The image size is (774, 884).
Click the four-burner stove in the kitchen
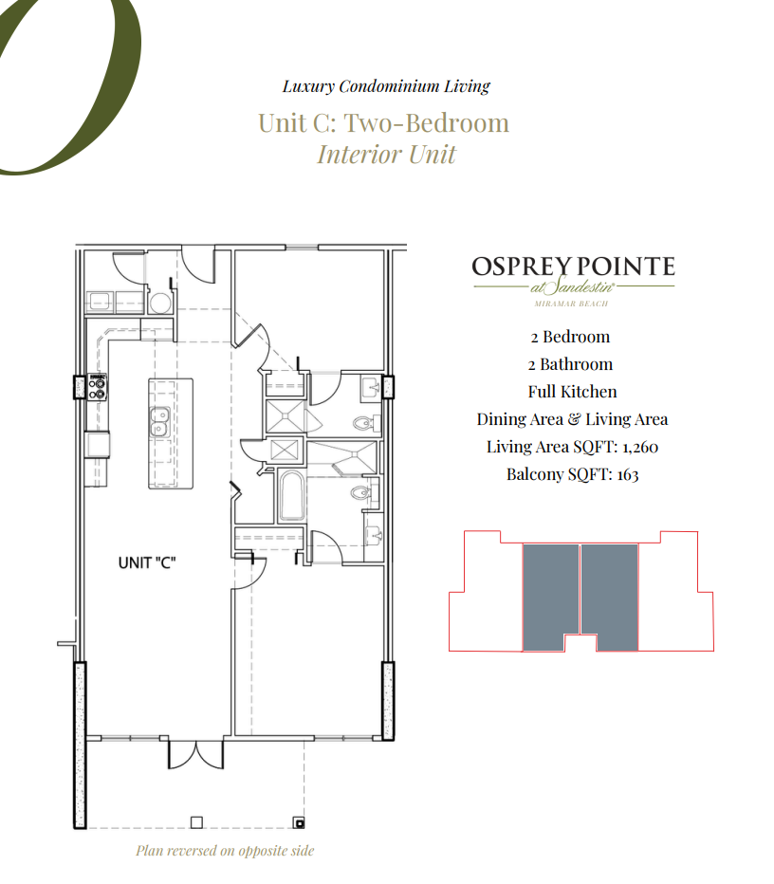tap(97, 386)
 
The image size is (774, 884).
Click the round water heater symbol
tap(160, 303)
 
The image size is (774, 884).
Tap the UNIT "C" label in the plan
tap(147, 562)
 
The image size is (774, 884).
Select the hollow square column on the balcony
tap(196, 821)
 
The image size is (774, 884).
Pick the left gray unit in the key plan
tap(550, 597)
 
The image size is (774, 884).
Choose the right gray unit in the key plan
tap(609, 597)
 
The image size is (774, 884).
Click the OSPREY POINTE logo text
tap(573, 267)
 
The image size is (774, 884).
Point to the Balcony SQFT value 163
tap(627, 474)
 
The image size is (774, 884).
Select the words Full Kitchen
tap(572, 392)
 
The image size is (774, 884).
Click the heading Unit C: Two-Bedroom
tap(383, 123)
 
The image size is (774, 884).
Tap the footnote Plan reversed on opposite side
tap(225, 851)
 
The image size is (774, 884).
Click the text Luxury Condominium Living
tap(386, 86)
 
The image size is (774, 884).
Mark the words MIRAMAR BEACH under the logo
tap(572, 304)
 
